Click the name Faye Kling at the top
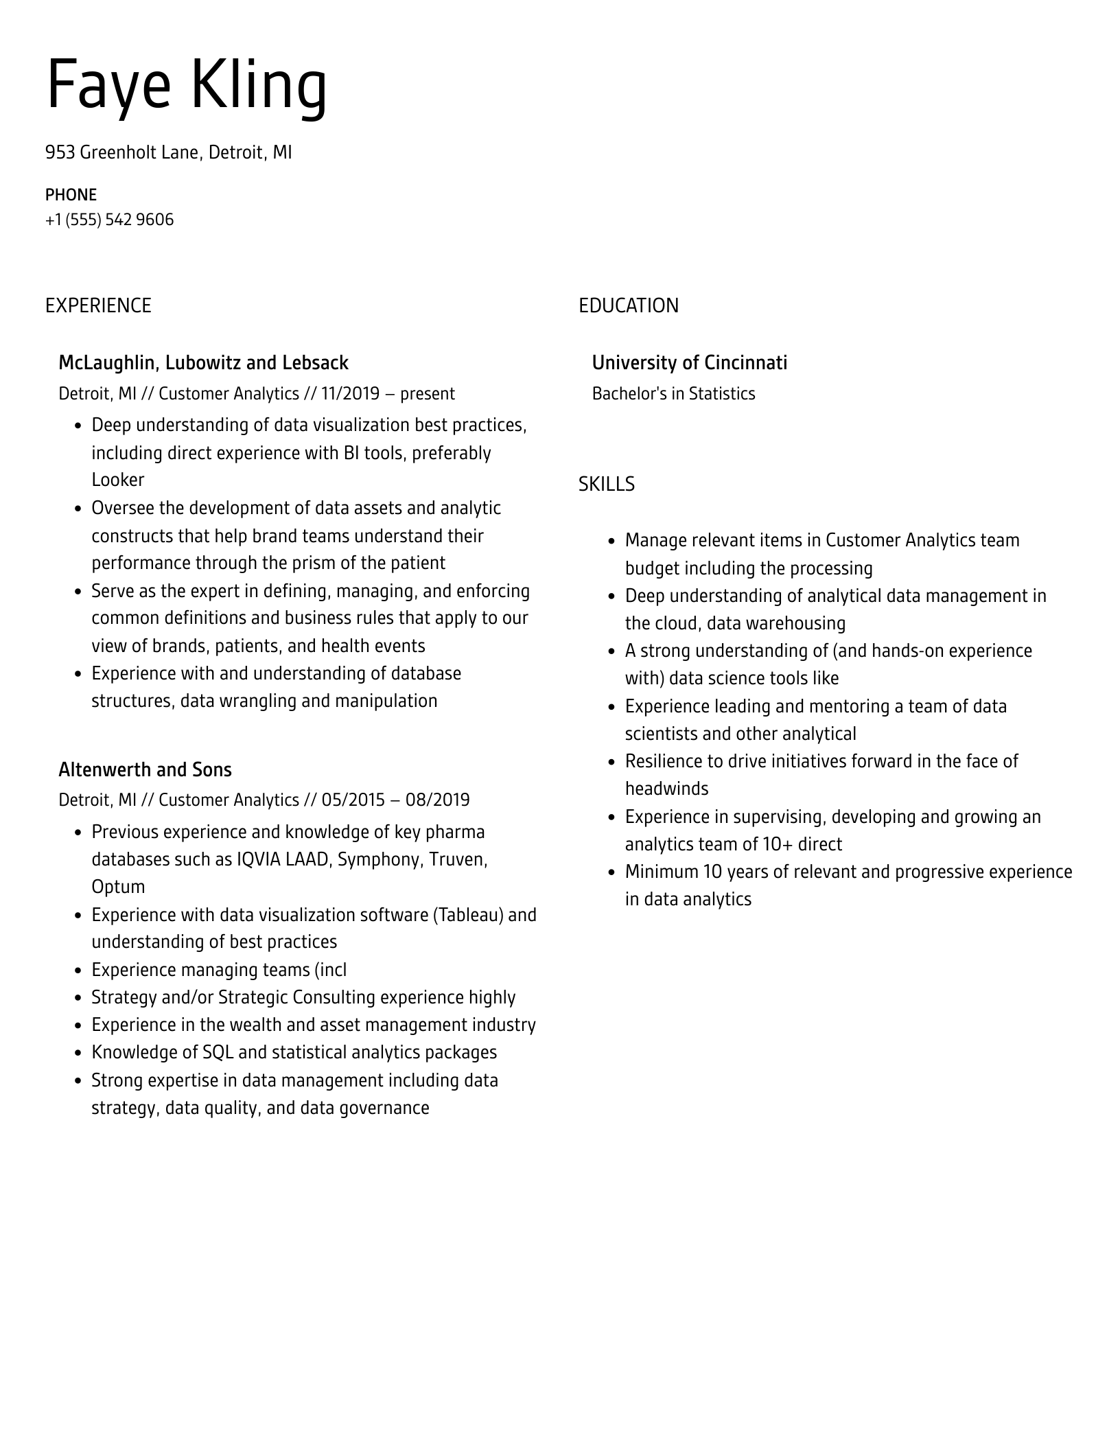tap(187, 86)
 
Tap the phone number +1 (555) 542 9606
tap(109, 220)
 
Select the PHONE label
tap(71, 195)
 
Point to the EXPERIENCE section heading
tap(98, 306)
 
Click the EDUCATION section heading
tap(628, 306)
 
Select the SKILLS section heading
tap(606, 485)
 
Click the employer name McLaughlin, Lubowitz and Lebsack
tap(203, 363)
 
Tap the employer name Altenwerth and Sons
tap(145, 770)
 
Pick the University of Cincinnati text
tap(689, 363)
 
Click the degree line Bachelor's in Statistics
tap(673, 394)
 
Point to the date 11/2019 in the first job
tap(350, 394)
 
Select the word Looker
tap(117, 480)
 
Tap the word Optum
tap(118, 887)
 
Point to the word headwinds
tap(666, 789)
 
